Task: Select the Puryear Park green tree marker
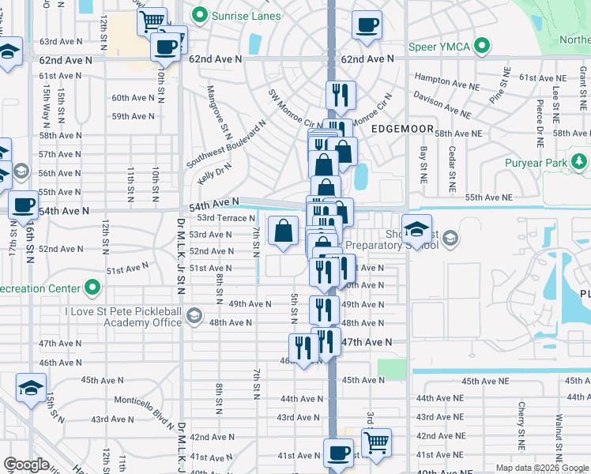pyautogui.click(x=579, y=163)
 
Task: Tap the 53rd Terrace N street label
pyautogui.click(x=226, y=218)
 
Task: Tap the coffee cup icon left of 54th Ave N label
pyautogui.click(x=23, y=205)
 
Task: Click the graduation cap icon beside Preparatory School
pyautogui.click(x=416, y=228)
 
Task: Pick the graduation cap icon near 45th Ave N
pyautogui.click(x=31, y=388)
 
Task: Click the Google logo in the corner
pyautogui.click(x=26, y=465)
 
